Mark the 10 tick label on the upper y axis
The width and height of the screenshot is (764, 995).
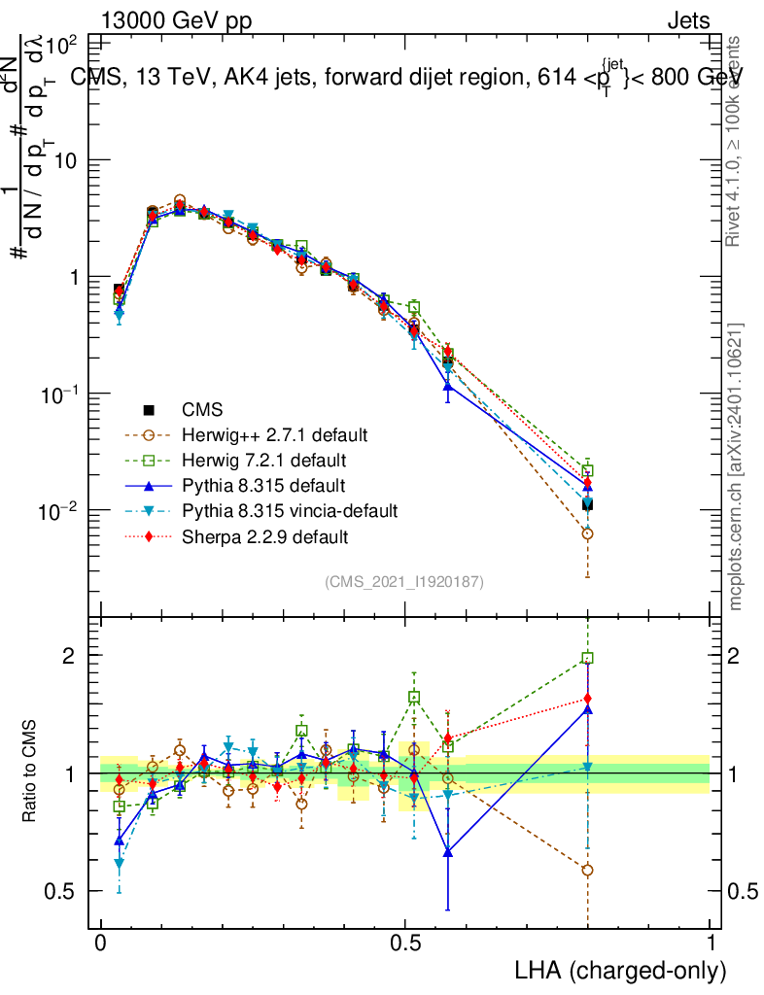(66, 160)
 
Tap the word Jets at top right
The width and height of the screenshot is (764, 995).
(688, 21)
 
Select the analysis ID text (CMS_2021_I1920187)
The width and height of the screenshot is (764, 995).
(404, 581)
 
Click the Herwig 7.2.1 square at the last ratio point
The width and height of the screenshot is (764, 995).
(587, 658)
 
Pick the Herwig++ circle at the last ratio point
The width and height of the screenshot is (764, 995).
(587, 870)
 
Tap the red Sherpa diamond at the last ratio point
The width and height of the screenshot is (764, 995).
(587, 699)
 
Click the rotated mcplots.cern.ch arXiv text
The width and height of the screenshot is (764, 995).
(736, 466)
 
